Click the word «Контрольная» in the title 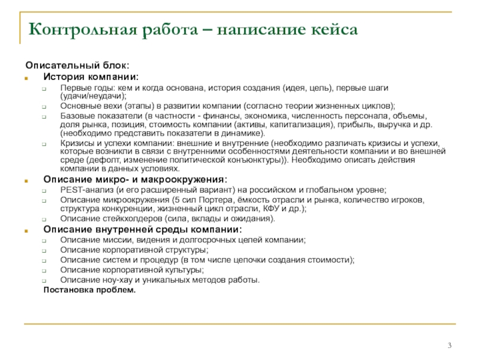(x=83, y=30)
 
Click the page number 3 (x=449, y=346)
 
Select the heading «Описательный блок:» (x=77, y=65)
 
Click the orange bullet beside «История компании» (x=26, y=79)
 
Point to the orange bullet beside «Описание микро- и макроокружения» (x=26, y=181)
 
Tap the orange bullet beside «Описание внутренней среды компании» (x=26, y=231)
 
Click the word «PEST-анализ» (x=87, y=190)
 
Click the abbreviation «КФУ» (x=271, y=208)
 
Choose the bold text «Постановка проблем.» (x=89, y=290)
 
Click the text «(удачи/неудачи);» (x=94, y=96)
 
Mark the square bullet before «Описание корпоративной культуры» (x=44, y=271)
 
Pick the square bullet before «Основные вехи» (x=44, y=107)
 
